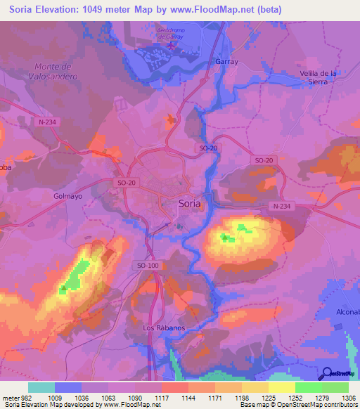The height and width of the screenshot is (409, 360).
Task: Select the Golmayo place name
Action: point(68,196)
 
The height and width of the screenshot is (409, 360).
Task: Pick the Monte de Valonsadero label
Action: point(55,71)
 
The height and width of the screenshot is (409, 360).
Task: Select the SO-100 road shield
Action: point(148,265)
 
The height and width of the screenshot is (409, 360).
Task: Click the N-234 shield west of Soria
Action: point(49,122)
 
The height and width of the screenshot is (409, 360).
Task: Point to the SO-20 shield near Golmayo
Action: point(124,182)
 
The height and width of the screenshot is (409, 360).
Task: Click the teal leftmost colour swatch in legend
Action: point(41,387)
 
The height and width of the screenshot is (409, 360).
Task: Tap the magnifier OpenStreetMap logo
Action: point(327,373)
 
